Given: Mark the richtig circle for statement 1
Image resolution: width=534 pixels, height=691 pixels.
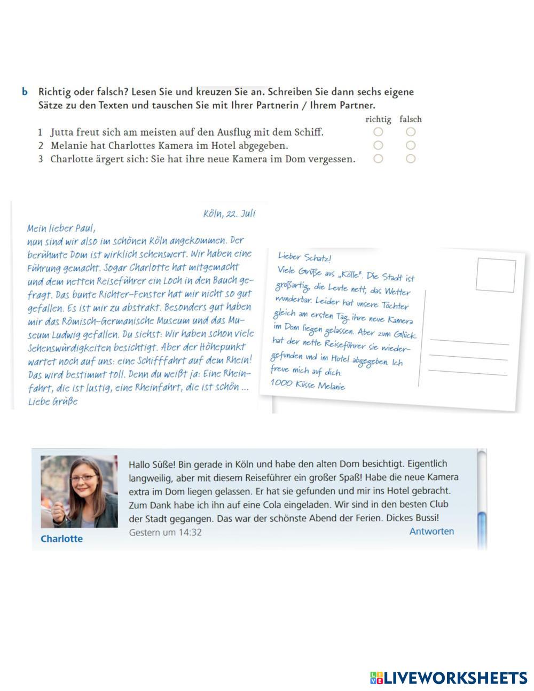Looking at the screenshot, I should click(378, 131).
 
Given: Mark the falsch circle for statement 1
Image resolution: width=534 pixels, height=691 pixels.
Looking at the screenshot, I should click(410, 131).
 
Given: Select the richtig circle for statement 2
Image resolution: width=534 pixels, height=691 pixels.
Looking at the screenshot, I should click(378, 145).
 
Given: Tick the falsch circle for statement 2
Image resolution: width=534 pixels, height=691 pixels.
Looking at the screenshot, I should click(410, 145).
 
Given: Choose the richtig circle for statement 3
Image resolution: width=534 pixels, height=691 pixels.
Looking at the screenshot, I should click(378, 158).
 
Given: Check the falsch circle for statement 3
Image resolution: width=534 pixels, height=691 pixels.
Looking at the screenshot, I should click(410, 158).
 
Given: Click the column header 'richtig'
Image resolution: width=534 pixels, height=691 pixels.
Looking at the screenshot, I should click(378, 119).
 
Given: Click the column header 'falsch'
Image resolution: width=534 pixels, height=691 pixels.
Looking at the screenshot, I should click(410, 119).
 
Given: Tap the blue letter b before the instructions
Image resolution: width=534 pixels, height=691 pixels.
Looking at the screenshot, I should click(25, 92).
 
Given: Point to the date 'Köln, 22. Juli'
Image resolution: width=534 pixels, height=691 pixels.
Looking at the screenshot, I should click(229, 214).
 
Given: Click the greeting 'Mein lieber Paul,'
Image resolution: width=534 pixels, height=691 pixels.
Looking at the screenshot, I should click(61, 228).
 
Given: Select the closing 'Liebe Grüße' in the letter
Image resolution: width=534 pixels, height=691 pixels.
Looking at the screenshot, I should click(53, 402).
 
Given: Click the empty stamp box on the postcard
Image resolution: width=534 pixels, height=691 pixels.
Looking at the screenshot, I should click(496, 276).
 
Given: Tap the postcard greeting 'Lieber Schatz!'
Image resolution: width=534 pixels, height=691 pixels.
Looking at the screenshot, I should click(305, 258).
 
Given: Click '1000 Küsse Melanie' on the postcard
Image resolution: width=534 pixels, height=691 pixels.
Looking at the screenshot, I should click(308, 384).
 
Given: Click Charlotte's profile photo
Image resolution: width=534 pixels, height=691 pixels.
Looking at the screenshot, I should click(79, 491).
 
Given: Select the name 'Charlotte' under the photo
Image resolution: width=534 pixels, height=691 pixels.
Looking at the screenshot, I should click(61, 538).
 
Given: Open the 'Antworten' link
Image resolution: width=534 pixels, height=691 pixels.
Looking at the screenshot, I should click(431, 531).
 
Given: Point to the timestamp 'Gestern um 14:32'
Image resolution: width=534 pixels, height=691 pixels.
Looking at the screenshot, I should click(166, 532).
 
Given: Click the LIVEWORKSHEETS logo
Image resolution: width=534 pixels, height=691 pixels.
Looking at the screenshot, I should click(449, 677).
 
